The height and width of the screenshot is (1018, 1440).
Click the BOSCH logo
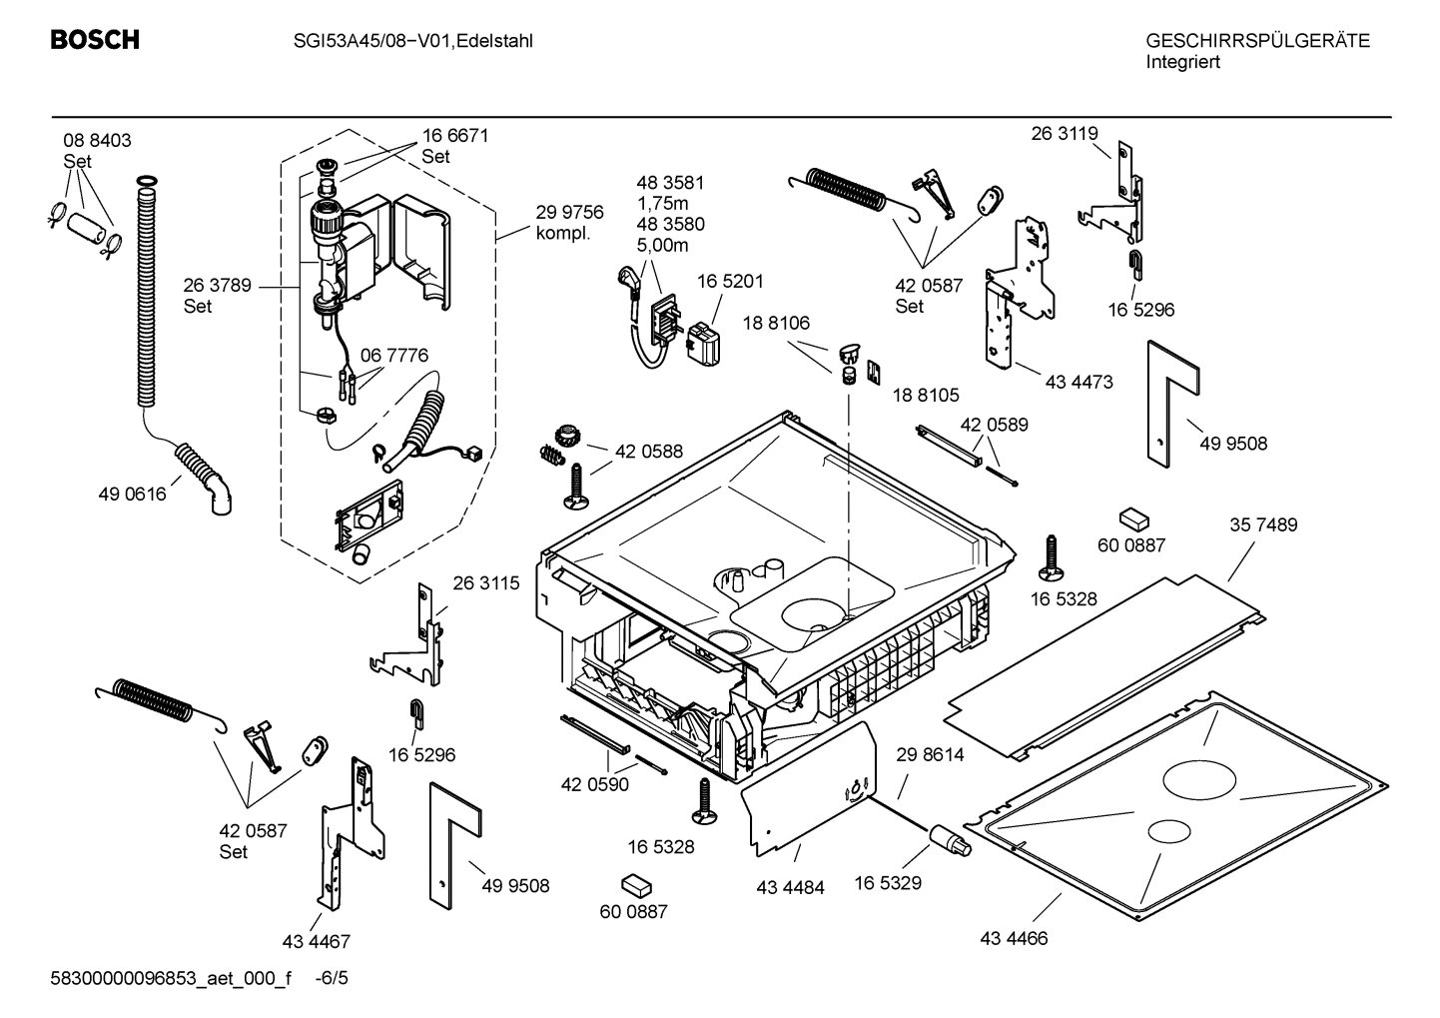pyautogui.click(x=95, y=41)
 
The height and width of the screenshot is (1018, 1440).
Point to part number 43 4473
pyautogui.click(x=1079, y=382)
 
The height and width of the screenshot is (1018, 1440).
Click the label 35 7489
pyautogui.click(x=1263, y=524)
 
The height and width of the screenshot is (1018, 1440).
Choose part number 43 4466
pyautogui.click(x=1014, y=938)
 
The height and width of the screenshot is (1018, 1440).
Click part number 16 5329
pyautogui.click(x=887, y=882)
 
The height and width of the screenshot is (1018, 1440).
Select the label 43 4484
pyautogui.click(x=790, y=887)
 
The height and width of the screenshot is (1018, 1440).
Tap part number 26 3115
pyautogui.click(x=486, y=583)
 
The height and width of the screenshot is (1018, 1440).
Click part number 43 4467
pyautogui.click(x=316, y=941)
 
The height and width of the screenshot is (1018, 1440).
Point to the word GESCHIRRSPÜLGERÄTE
pyautogui.click(x=1257, y=41)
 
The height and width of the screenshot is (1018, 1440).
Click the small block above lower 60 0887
pyautogui.click(x=636, y=885)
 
